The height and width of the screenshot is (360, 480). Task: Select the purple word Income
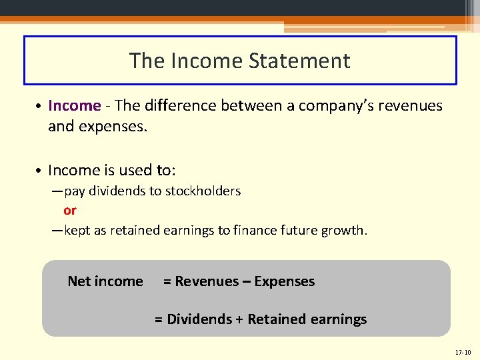(74, 106)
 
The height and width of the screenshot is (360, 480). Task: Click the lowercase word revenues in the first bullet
(413, 106)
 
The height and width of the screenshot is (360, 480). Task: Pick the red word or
(70, 211)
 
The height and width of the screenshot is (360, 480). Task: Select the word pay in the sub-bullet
(75, 191)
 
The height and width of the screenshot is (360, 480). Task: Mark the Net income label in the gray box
(105, 281)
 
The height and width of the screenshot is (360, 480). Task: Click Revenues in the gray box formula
(203, 281)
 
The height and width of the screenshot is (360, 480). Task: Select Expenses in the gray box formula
(285, 281)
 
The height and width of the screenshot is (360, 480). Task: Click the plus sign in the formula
(239, 319)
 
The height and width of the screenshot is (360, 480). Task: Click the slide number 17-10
(462, 351)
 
